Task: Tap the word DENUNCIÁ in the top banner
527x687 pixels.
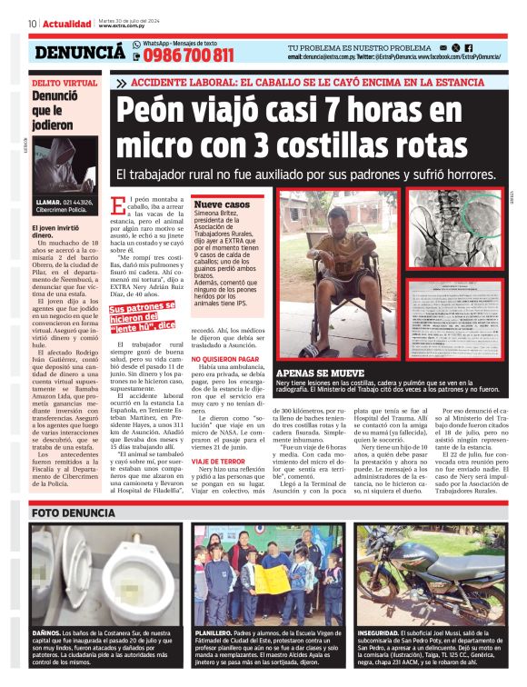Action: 79,53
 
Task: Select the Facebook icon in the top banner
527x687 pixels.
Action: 468,47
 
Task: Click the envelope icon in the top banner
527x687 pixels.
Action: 442,47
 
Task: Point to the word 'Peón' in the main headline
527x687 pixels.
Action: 158,114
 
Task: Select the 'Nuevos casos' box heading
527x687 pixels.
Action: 222,205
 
